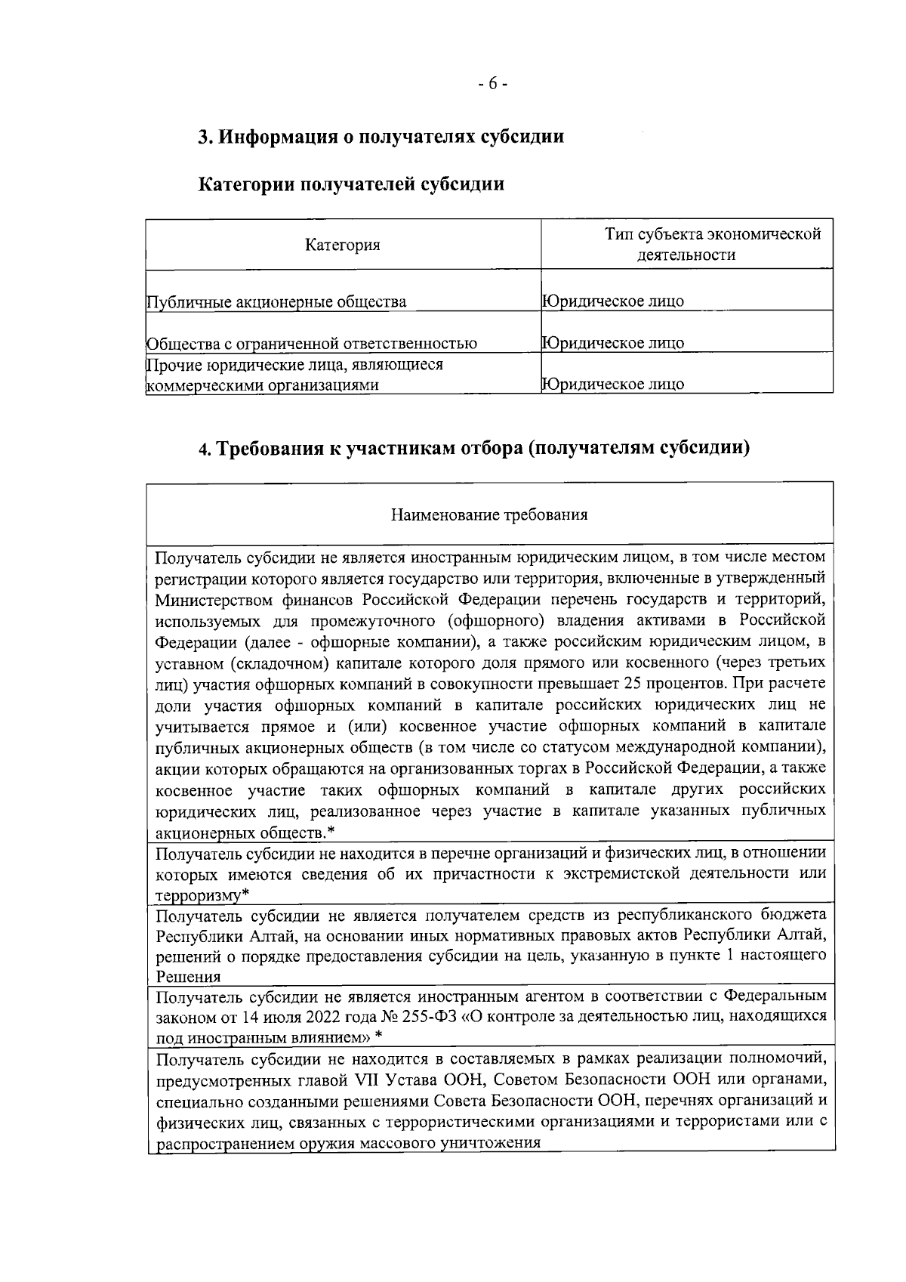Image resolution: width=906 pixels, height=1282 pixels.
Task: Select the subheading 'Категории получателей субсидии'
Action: [x=351, y=184]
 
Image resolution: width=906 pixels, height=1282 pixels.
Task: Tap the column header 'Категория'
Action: [x=342, y=245]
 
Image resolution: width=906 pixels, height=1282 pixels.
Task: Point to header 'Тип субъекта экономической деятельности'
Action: [x=686, y=244]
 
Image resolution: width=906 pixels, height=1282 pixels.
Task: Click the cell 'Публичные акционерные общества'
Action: [x=276, y=302]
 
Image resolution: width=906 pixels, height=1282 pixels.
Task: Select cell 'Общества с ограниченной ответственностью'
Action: [x=311, y=344]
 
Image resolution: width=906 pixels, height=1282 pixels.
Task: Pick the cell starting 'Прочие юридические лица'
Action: [x=294, y=375]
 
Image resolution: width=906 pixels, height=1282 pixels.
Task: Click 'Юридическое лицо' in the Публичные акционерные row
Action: [x=613, y=301]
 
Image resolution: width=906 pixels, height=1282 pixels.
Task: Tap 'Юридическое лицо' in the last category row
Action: [x=613, y=384]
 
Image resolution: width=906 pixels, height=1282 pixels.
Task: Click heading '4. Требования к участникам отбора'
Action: [x=474, y=448]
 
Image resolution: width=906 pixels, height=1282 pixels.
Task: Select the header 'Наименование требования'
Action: [x=489, y=515]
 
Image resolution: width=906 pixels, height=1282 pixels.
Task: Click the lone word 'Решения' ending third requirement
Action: [x=183, y=976]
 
